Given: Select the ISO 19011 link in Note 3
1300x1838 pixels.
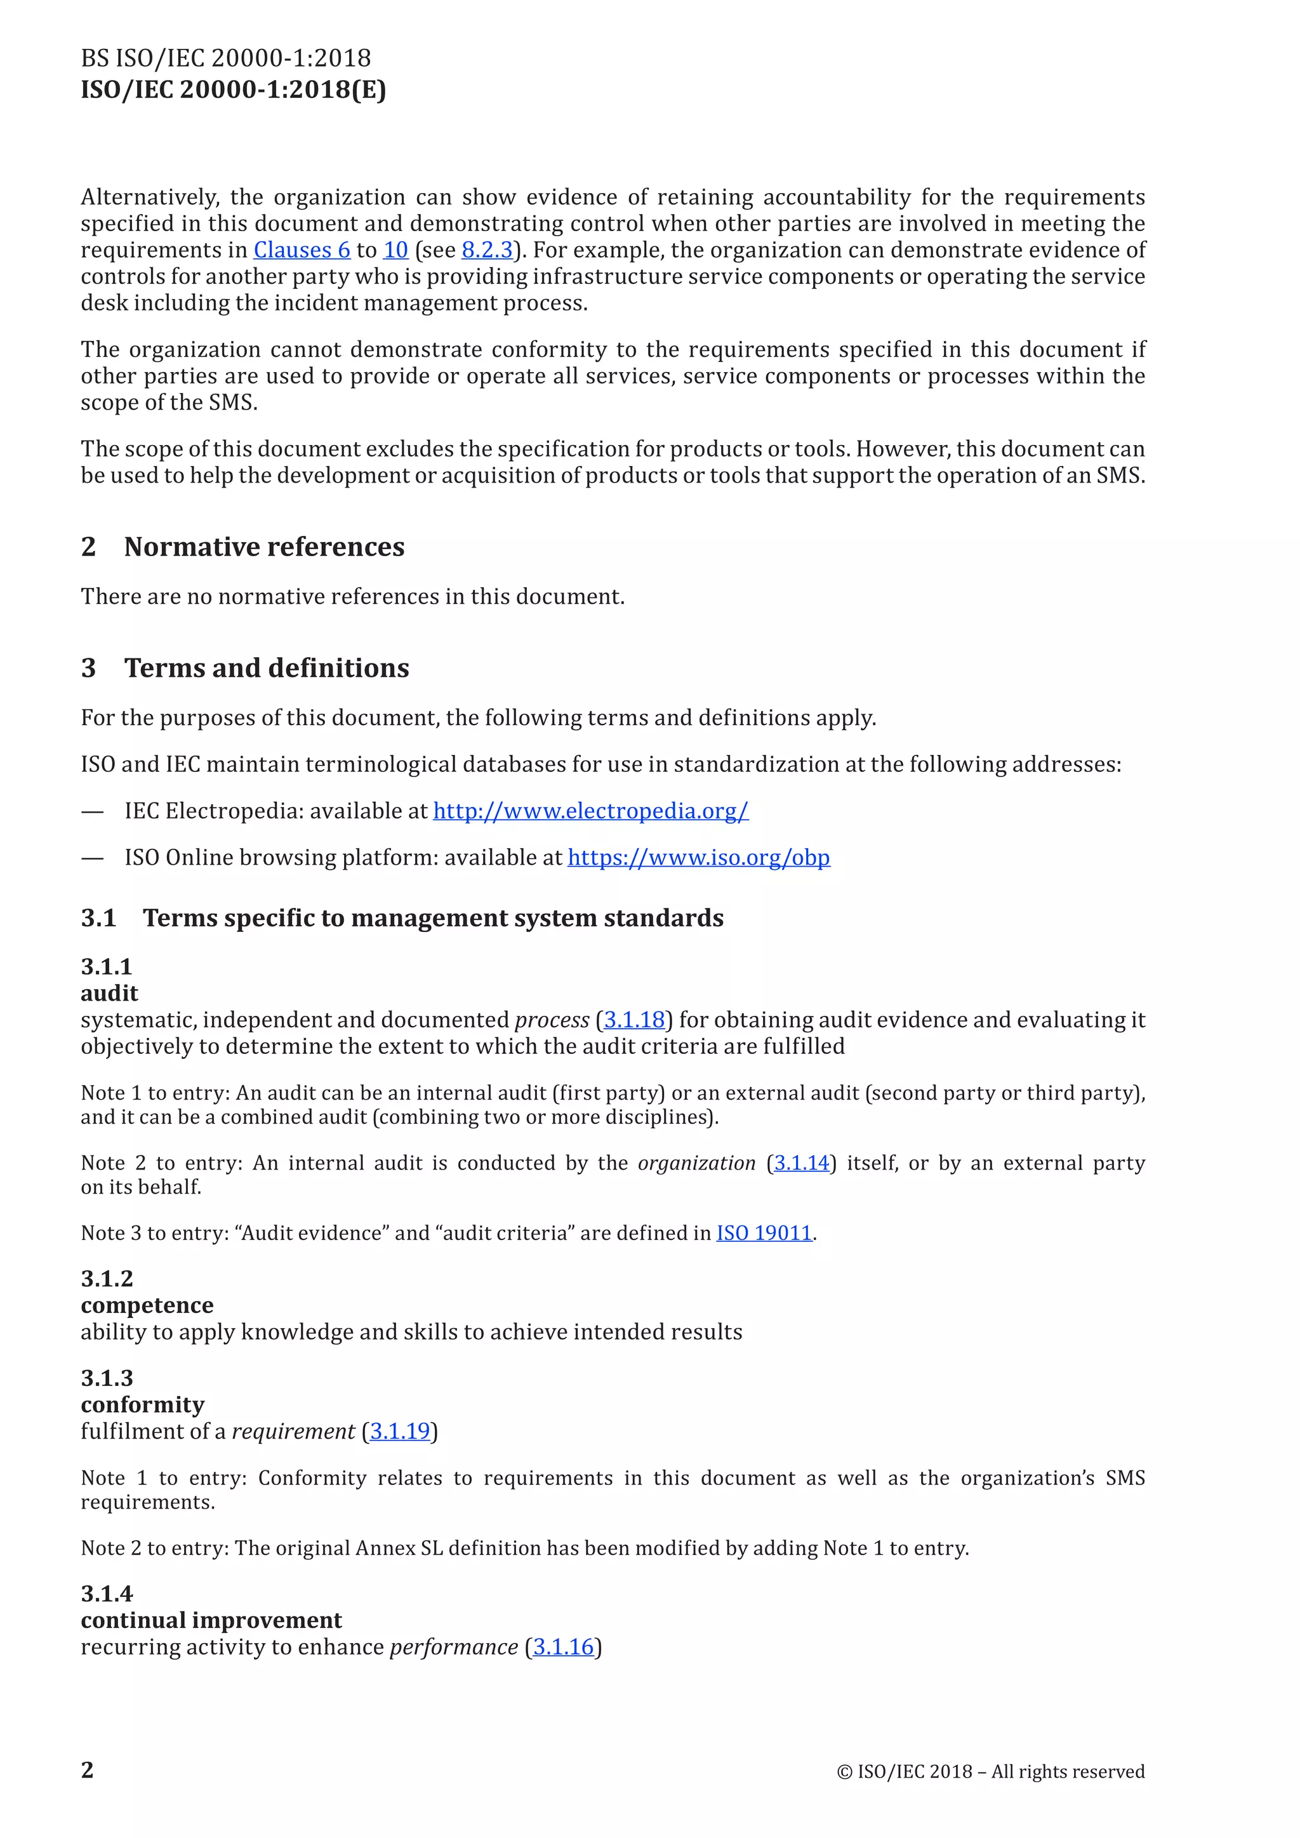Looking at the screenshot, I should point(764,1233).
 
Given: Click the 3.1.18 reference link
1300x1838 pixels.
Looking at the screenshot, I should point(634,1020).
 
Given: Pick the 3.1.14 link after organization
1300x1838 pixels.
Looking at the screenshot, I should point(801,1163).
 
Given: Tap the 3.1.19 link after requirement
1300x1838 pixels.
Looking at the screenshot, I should point(399,1431).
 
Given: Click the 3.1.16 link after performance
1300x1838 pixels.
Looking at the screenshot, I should point(564,1647).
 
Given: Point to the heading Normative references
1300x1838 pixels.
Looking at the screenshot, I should point(264,547).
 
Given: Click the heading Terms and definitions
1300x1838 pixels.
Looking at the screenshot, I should point(267,668).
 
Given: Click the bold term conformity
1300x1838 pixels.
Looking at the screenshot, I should point(142,1404).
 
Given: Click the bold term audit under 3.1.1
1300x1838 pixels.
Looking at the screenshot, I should point(110,994).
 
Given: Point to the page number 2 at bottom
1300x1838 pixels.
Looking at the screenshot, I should point(87,1770).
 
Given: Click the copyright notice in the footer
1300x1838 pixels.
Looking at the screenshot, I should point(990,1771).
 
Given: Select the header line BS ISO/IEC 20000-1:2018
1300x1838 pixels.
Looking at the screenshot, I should point(226,58).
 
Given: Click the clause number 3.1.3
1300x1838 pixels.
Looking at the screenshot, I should point(107,1378).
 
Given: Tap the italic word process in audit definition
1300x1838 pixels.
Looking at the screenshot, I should point(552,1020).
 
